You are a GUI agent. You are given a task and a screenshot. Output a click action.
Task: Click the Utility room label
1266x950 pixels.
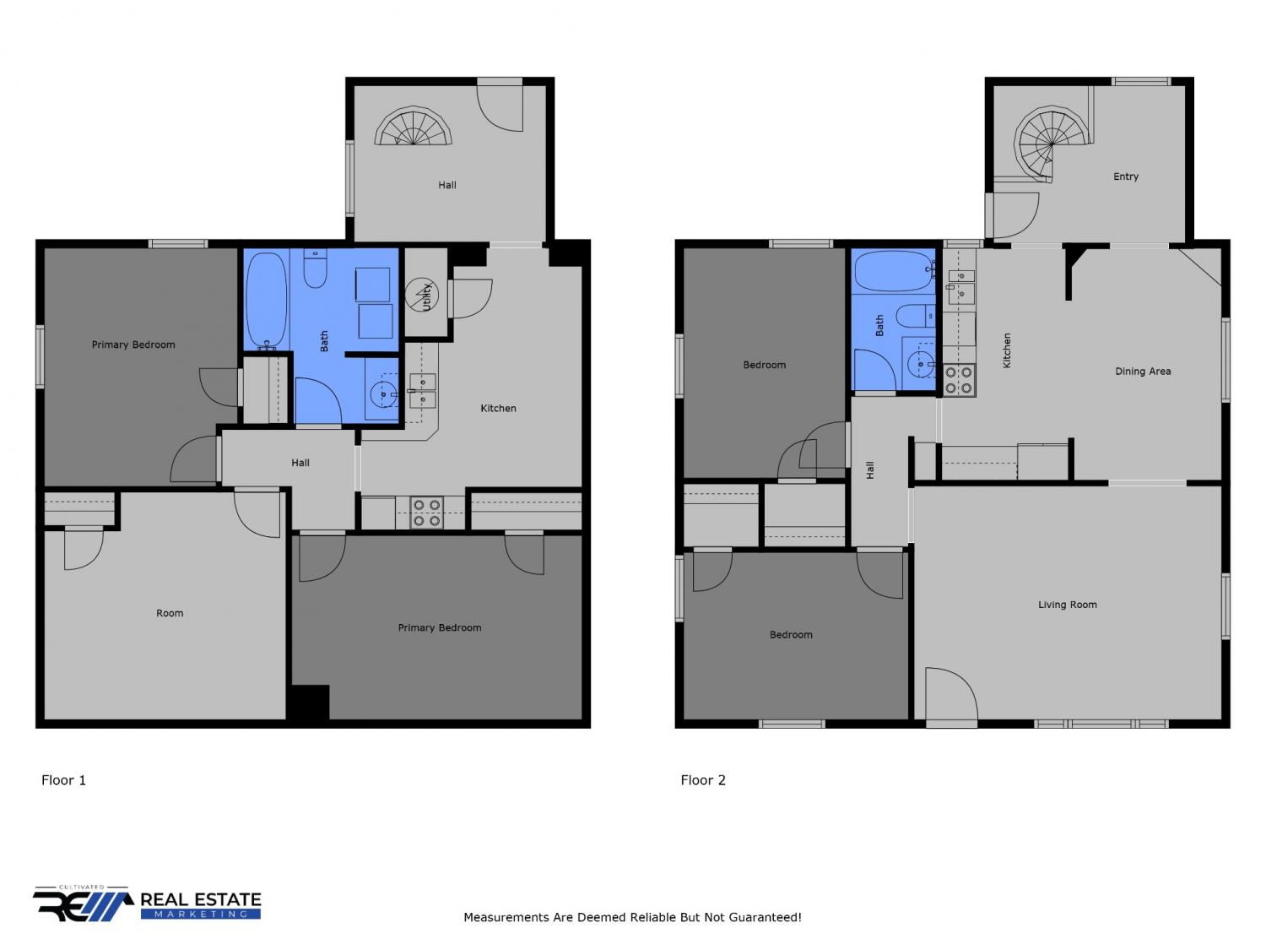point(426,296)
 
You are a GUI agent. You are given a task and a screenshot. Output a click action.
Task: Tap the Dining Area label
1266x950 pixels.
point(1142,372)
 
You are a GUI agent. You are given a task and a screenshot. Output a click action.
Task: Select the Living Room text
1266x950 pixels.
point(1067,605)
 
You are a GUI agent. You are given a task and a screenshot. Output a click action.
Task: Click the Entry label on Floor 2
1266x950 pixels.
point(1125,176)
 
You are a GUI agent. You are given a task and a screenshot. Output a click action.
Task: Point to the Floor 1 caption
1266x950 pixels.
point(63,780)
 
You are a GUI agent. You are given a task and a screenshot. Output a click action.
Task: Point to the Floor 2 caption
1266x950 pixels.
point(702,780)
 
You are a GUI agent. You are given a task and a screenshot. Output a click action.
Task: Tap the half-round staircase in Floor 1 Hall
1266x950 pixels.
point(413,125)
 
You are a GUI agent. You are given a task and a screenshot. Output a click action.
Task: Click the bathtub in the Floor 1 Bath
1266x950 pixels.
point(267,301)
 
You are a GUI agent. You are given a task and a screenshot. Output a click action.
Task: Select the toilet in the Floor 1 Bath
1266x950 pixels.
point(315,269)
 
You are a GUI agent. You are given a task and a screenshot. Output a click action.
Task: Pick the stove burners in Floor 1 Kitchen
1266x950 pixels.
point(427,513)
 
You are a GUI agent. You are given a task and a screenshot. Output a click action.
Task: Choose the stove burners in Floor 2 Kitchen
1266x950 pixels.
point(958,380)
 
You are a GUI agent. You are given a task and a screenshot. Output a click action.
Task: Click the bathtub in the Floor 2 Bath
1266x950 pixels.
point(894,271)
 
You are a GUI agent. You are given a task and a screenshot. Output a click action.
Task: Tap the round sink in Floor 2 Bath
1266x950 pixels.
point(921,364)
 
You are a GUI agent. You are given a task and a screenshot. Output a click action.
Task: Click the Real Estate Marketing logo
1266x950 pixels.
point(147,904)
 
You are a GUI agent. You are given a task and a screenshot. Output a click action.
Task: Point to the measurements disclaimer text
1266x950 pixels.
point(632,917)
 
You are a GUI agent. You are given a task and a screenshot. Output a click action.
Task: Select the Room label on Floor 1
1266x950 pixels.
point(170,613)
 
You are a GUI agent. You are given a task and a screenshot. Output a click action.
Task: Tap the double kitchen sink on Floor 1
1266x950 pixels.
point(422,390)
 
